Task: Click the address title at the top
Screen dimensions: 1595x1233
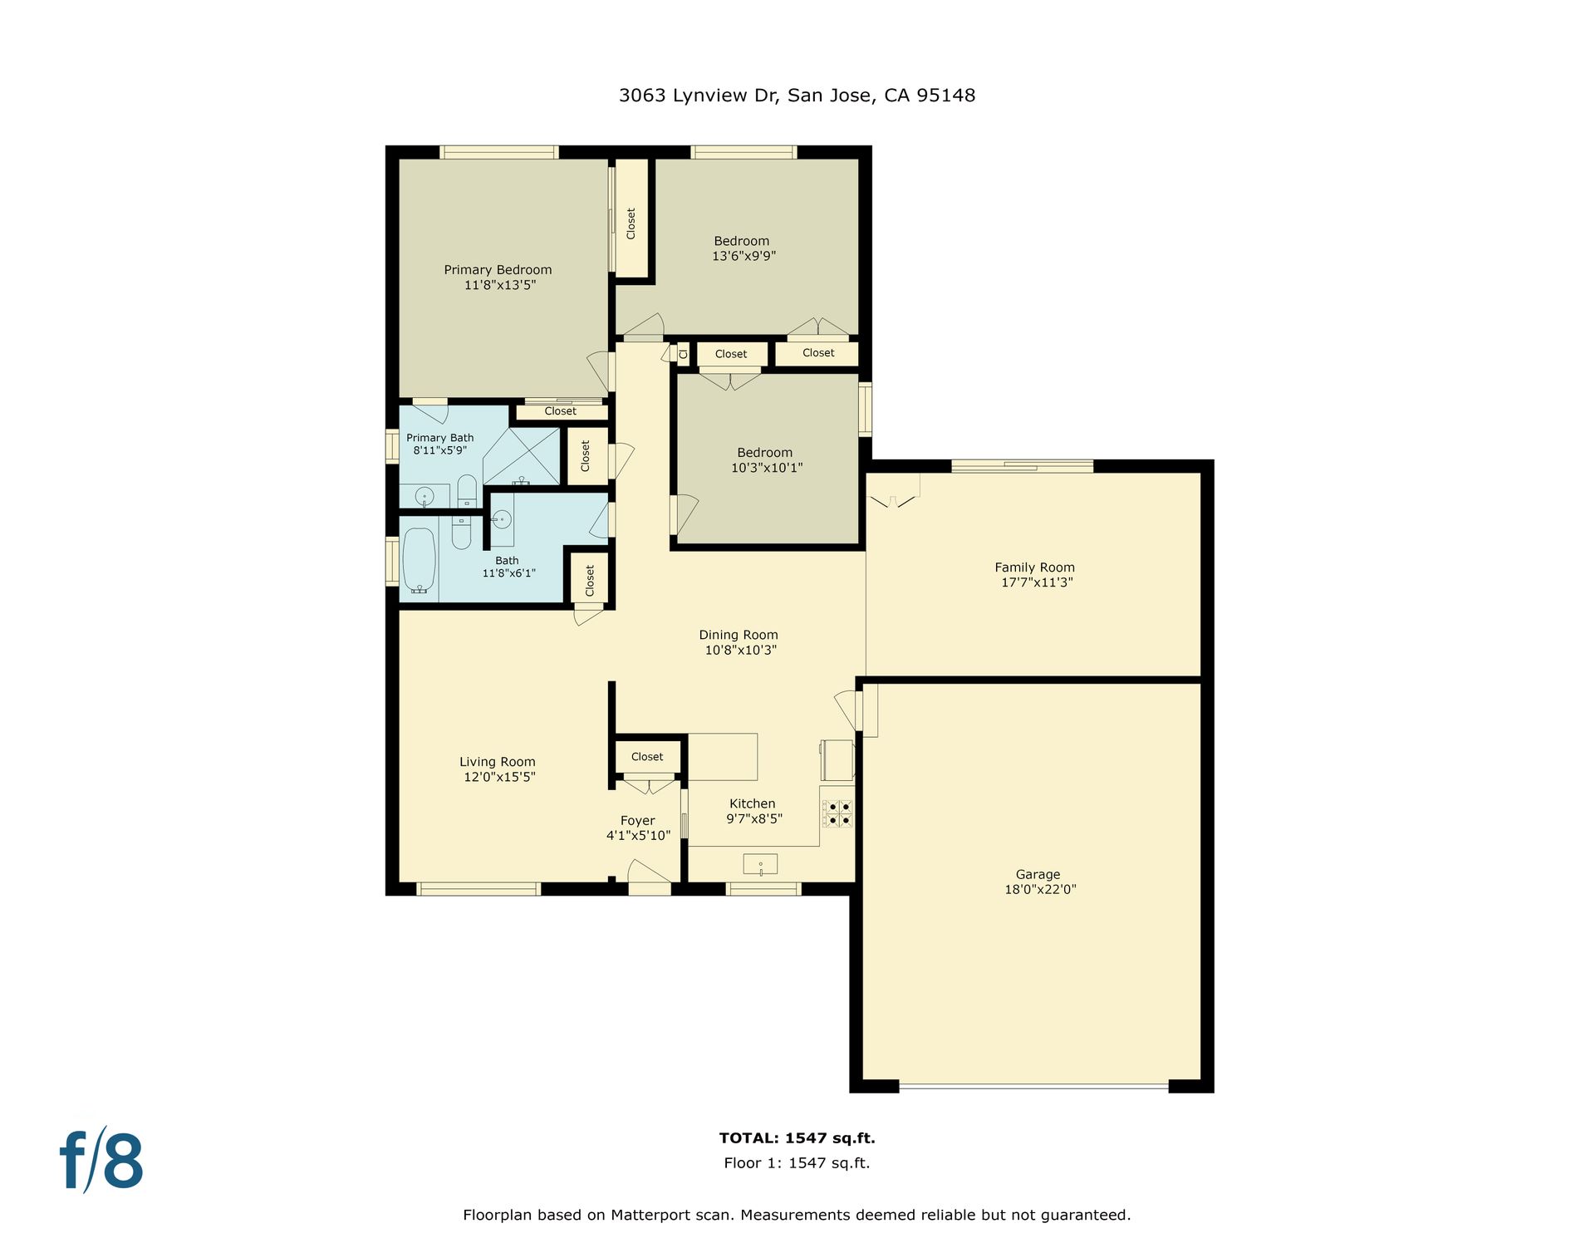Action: [x=797, y=96]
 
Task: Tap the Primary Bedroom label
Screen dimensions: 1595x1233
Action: [x=498, y=270]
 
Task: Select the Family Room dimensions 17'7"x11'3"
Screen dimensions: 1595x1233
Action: [x=1037, y=582]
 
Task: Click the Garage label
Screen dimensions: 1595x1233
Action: [x=1038, y=874]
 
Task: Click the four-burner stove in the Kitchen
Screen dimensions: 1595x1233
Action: [x=837, y=813]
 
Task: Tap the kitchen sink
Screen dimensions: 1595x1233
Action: [x=760, y=865]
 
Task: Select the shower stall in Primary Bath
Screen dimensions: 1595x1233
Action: [x=522, y=456]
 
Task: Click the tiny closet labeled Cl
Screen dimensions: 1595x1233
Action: [x=683, y=355]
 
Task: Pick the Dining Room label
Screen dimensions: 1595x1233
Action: [x=739, y=635]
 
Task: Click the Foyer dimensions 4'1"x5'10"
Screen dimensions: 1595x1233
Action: [x=638, y=836]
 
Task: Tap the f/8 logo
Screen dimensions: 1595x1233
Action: [x=101, y=1160]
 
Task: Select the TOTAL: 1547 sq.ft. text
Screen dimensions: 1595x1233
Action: [x=797, y=1138]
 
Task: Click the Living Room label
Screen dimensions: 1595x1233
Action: [x=498, y=762]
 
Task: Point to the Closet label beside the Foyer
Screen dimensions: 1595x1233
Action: [x=647, y=757]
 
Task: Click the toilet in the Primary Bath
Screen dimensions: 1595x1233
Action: [x=467, y=490]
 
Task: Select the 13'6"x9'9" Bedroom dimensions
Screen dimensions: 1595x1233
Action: [x=744, y=256]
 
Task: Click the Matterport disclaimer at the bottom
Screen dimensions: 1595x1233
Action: [x=797, y=1215]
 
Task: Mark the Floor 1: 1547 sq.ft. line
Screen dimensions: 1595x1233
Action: [x=797, y=1163]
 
